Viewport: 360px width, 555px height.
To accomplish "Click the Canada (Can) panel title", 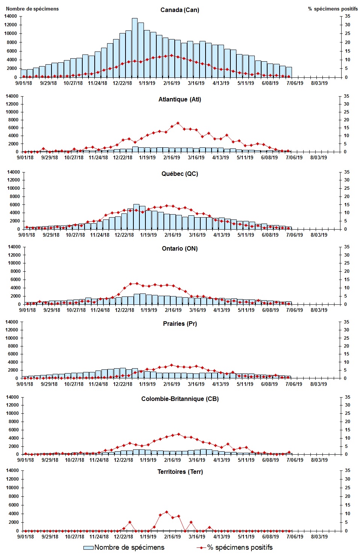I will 180,10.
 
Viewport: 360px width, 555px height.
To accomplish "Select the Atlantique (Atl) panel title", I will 180,99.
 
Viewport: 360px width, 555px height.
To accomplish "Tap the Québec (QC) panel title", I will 180,174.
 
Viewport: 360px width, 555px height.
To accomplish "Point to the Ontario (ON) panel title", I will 180,248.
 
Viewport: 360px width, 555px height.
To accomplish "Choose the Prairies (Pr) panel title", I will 180,324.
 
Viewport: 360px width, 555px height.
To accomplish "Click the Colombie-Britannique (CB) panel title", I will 180,399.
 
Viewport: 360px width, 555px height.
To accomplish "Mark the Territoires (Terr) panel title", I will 180,472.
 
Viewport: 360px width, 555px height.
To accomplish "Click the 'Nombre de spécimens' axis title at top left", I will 32,9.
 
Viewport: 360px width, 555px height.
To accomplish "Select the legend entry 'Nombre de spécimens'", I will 124,547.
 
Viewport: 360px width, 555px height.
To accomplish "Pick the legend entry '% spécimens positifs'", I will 235,547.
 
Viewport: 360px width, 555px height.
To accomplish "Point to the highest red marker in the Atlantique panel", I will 178,123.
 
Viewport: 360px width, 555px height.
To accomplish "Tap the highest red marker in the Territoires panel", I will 166,512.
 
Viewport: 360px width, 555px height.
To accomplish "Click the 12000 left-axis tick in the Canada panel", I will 11,25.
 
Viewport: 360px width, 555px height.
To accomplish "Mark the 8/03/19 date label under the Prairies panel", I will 319,384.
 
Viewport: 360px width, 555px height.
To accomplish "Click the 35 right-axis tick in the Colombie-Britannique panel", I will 348,397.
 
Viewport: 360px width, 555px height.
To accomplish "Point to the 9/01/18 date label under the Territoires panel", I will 26,536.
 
